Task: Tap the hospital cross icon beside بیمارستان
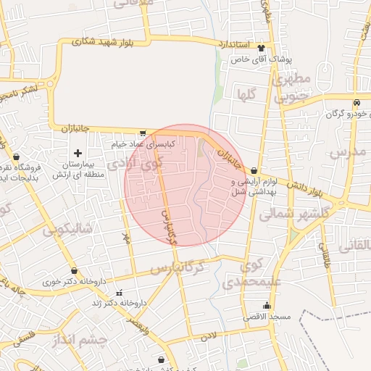(78, 153)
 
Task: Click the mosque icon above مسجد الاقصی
(267, 305)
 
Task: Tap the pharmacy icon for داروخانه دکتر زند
(119, 293)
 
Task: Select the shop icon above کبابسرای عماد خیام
(143, 133)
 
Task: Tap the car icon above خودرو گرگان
(357, 103)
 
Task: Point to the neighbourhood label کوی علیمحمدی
(250, 275)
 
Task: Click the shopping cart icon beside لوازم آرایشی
(253, 170)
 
